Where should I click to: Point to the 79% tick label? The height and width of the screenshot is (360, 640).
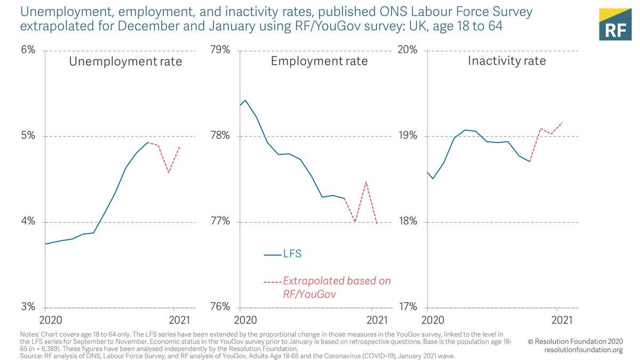(x=220, y=50)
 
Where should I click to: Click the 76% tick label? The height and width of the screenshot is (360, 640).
(x=220, y=307)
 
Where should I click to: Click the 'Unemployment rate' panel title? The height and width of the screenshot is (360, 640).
(x=125, y=61)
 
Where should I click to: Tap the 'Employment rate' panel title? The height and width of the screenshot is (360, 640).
(x=319, y=61)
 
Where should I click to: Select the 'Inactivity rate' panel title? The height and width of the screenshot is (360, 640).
(x=507, y=61)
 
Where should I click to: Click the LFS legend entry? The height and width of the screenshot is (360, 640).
(x=283, y=254)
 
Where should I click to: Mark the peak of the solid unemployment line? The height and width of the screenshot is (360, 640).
(x=147, y=142)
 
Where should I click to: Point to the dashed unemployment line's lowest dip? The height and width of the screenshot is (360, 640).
(x=169, y=173)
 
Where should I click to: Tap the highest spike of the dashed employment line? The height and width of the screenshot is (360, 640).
(x=366, y=182)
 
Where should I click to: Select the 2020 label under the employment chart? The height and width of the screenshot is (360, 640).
(x=246, y=320)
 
